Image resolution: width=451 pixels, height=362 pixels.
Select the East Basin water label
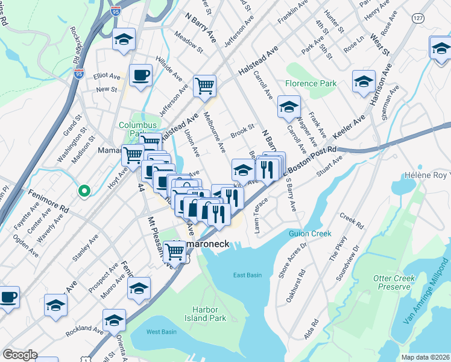pos(247,275)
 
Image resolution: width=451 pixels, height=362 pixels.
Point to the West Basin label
pos(161,332)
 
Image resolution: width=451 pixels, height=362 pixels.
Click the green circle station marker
pos(84,191)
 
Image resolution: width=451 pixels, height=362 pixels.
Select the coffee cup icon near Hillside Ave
pos(140,75)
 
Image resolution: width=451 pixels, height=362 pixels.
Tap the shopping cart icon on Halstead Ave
pos(204,86)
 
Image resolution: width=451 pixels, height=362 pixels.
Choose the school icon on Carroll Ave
pos(289,107)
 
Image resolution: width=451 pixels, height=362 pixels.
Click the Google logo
pos(20,355)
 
